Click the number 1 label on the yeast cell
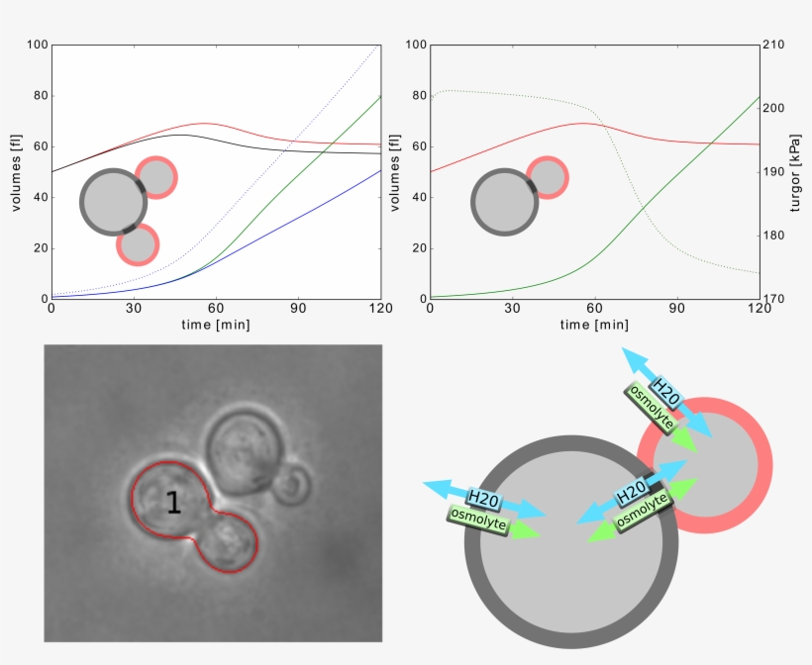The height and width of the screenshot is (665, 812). (173, 503)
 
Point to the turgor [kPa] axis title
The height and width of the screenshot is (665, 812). (796, 171)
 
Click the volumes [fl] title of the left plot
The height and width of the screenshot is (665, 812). (16, 171)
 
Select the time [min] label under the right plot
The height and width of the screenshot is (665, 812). (594, 325)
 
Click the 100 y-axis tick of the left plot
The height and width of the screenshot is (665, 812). (38, 46)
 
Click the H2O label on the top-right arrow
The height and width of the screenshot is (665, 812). (665, 392)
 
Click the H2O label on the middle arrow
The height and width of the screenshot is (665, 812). (633, 492)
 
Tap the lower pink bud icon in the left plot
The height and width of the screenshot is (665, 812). (138, 244)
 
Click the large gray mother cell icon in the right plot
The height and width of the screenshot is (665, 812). (505, 202)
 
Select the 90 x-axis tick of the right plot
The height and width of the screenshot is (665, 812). (677, 309)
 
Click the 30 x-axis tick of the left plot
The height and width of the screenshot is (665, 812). (134, 309)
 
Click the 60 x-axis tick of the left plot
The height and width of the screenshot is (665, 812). (216, 309)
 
